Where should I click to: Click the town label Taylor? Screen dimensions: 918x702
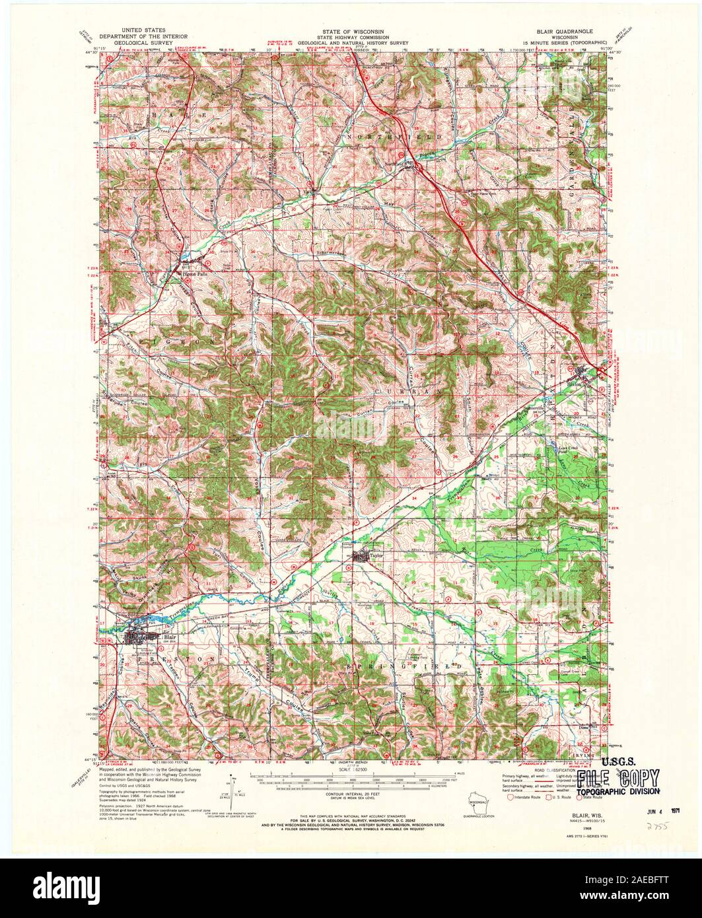pyautogui.click(x=376, y=555)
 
